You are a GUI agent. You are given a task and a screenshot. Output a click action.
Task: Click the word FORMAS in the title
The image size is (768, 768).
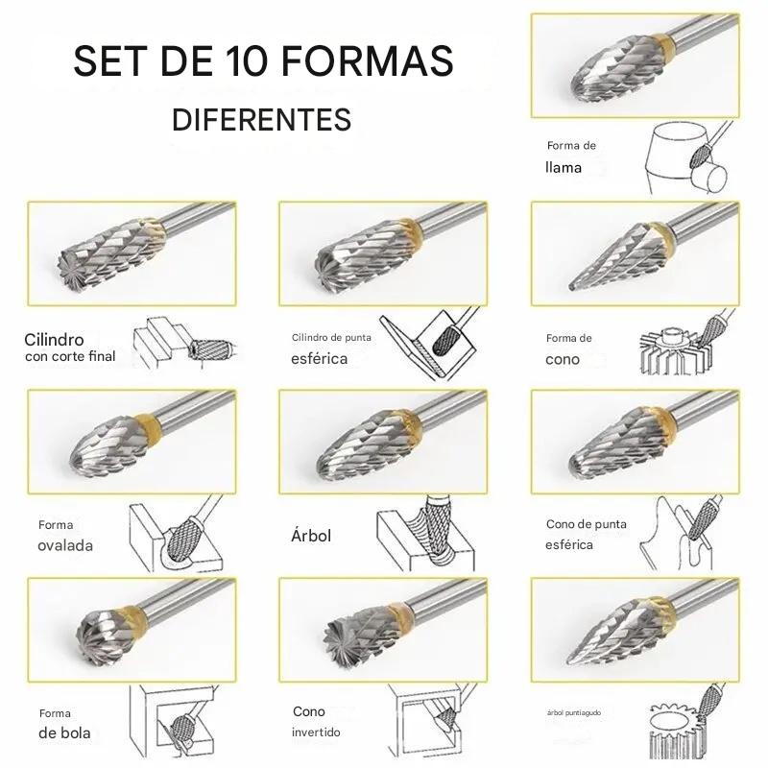pyautogui.click(x=368, y=60)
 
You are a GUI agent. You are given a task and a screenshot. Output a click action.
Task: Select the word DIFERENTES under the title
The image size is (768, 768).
pyautogui.click(x=261, y=119)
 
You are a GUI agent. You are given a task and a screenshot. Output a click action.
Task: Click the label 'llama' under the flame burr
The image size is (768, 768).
pyautogui.click(x=564, y=167)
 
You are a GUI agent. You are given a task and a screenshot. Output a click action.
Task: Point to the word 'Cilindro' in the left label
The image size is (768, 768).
pyautogui.click(x=54, y=340)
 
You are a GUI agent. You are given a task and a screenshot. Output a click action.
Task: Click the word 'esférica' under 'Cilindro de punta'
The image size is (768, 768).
pyautogui.click(x=319, y=358)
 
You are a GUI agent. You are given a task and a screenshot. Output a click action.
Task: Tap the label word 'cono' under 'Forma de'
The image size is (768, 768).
pyautogui.click(x=563, y=359)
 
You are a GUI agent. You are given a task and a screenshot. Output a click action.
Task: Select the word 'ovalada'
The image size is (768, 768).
pyautogui.click(x=65, y=545)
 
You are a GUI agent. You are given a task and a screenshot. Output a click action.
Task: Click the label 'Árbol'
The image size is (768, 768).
pyautogui.click(x=311, y=536)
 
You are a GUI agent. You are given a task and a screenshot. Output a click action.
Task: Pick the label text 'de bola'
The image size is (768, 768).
pyautogui.click(x=64, y=732)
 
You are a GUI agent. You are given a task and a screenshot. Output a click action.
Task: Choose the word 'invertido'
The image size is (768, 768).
pyautogui.click(x=316, y=732)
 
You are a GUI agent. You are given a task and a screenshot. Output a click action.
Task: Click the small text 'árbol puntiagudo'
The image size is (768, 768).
pyautogui.click(x=573, y=712)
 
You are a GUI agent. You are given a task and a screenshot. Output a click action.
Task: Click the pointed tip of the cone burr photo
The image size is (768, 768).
pyautogui.click(x=571, y=286)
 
